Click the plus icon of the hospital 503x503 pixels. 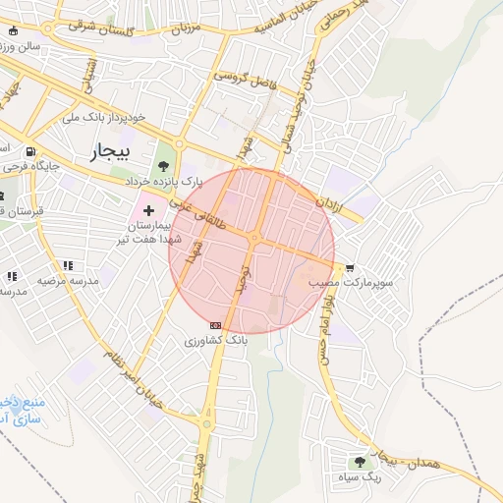coord(149,211)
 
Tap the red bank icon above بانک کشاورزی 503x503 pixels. coord(215,325)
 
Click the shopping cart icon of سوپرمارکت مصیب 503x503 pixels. coord(349,267)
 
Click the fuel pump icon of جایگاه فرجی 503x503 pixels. coord(30,152)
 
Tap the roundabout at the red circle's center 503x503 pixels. coord(253,238)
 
